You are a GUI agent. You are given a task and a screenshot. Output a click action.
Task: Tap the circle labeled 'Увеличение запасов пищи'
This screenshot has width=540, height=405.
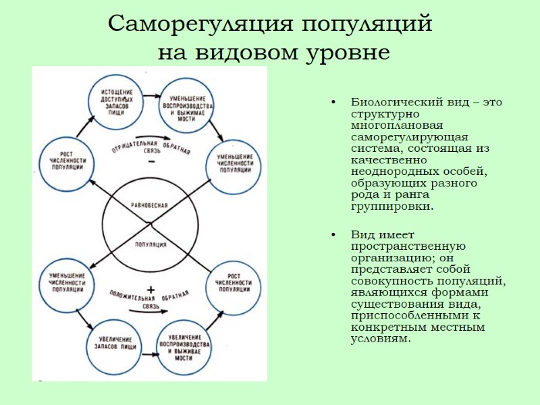coord(115,341)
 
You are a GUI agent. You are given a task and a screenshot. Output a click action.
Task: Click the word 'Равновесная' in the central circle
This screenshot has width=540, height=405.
coord(149,204)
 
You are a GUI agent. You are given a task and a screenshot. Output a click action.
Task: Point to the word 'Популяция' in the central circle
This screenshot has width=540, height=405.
coord(150,244)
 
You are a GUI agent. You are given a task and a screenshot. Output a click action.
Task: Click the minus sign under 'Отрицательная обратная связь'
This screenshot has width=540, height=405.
coord(151,162)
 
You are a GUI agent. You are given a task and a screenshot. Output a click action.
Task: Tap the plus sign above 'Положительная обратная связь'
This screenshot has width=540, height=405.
coord(151,288)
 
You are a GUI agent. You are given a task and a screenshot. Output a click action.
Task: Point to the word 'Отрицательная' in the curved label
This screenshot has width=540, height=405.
coord(130,144)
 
